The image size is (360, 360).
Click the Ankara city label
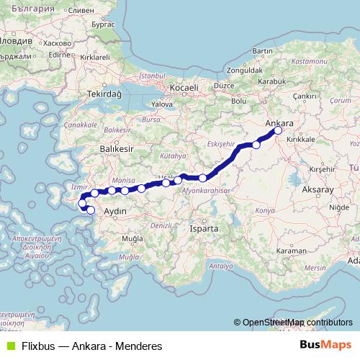point(279,123)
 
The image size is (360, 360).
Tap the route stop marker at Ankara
point(279,131)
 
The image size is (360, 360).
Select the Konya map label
point(266,210)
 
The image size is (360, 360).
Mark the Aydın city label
point(115,212)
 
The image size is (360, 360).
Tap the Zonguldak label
point(242,71)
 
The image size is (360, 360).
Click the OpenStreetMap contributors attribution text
point(297,323)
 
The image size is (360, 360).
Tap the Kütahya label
point(173,155)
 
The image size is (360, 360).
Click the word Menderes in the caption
point(138,346)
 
